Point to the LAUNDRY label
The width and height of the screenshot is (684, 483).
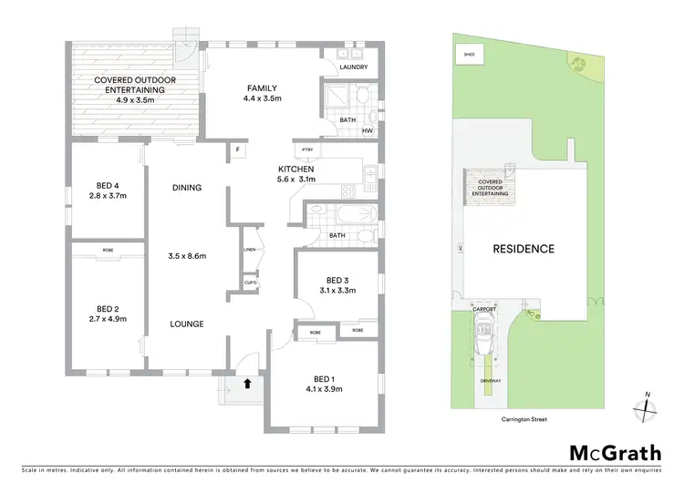[x=353, y=67]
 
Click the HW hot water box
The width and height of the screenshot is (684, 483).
[x=367, y=130]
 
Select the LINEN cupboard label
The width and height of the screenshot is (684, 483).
[x=249, y=249]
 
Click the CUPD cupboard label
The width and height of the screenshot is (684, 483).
[x=249, y=283]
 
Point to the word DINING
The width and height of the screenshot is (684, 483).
[x=187, y=188]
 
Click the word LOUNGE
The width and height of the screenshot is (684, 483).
[x=187, y=324]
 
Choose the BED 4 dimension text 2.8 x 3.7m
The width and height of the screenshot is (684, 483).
[x=108, y=195]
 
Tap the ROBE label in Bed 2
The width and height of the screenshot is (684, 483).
[x=108, y=249]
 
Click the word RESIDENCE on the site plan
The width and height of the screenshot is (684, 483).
[x=523, y=248]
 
